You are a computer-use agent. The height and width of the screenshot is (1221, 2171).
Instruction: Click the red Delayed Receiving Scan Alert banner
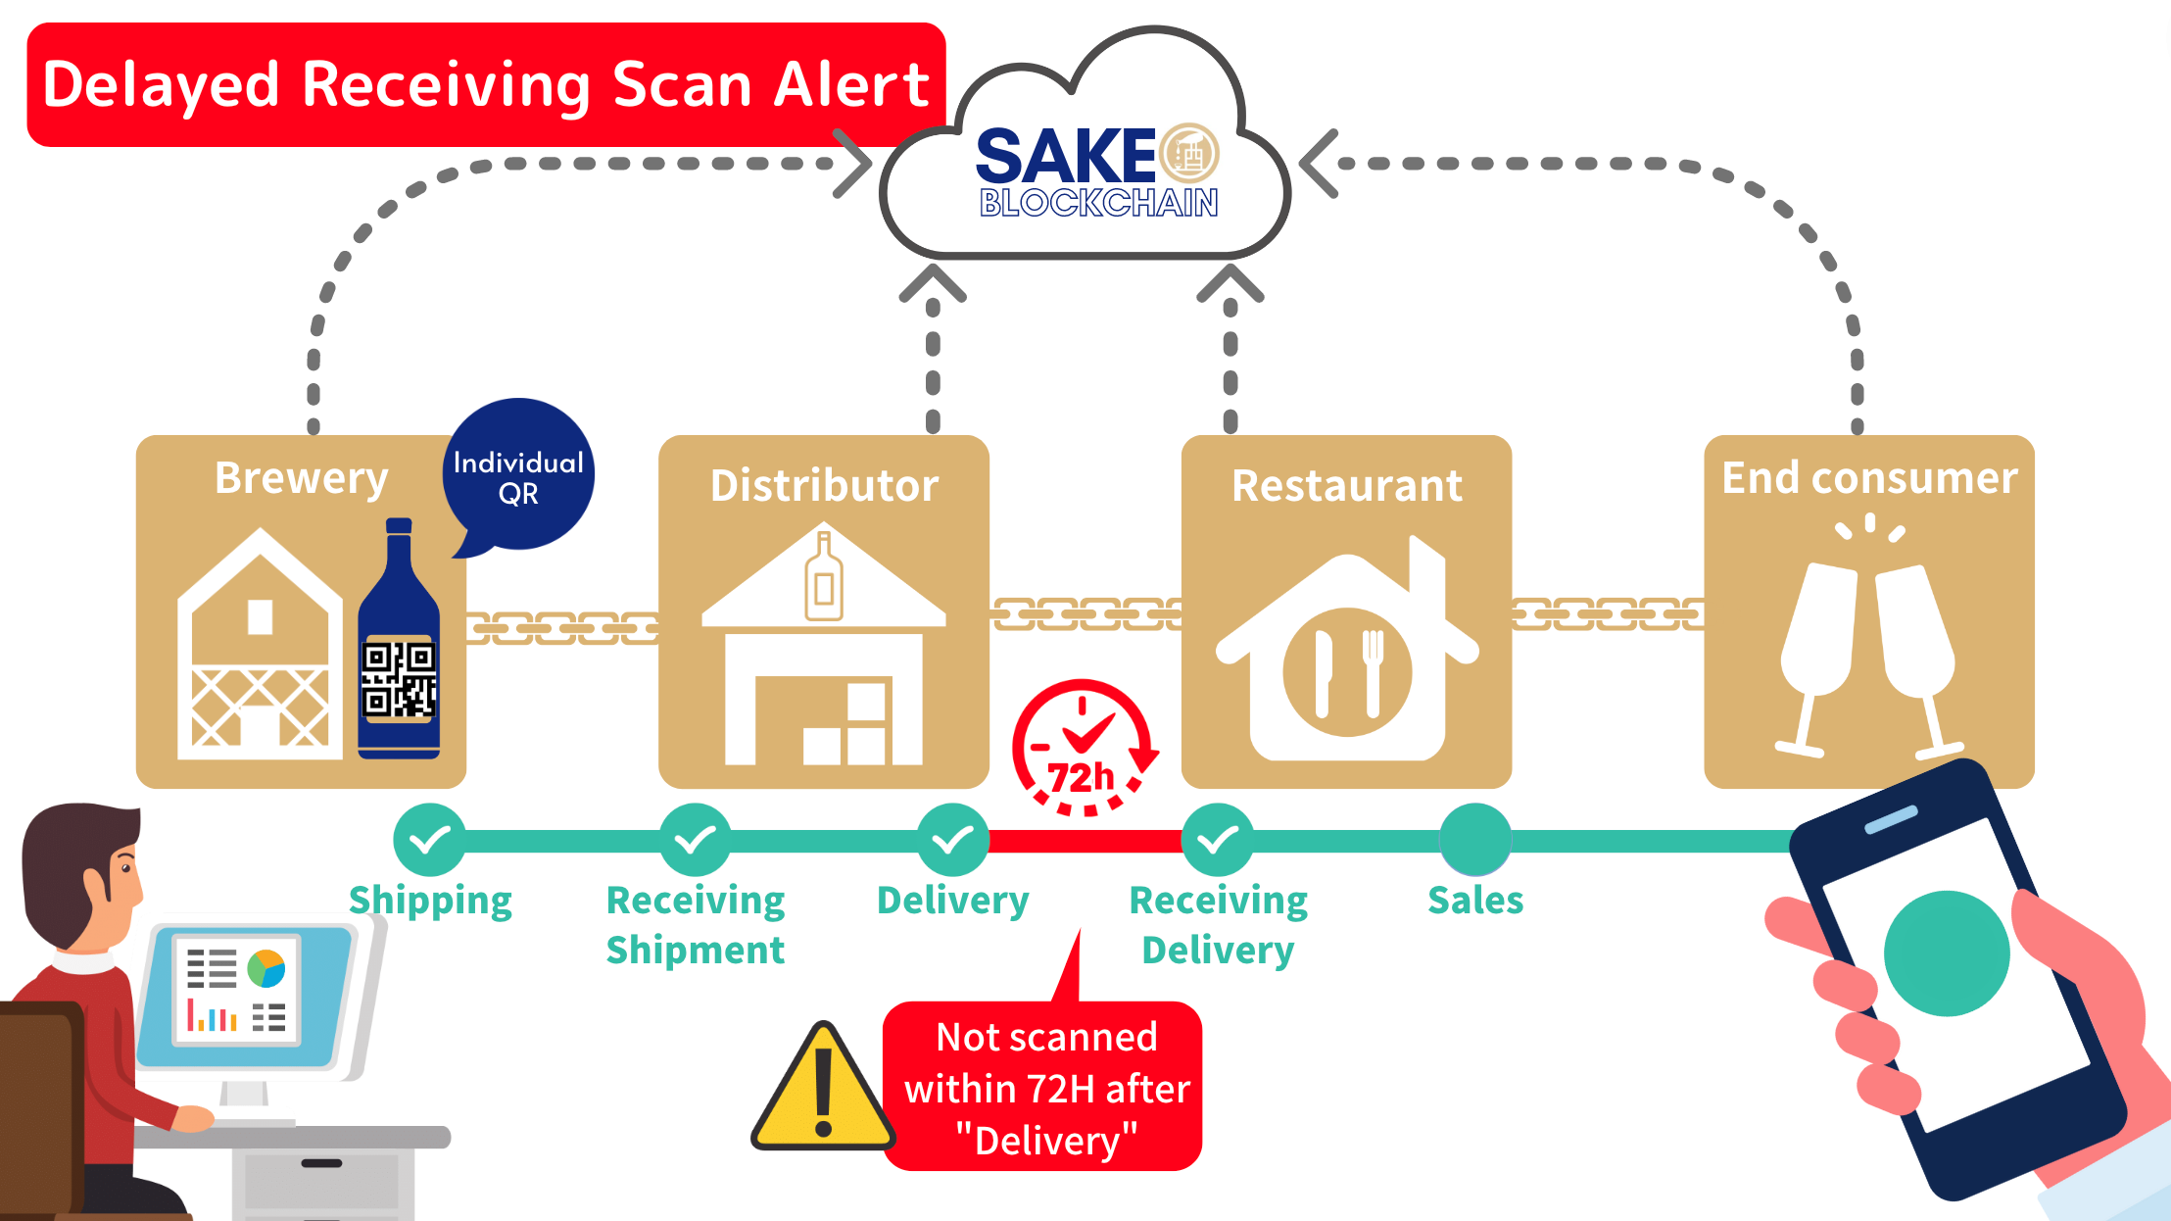coord(486,84)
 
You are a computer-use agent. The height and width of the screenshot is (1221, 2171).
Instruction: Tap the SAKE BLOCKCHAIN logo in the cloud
coord(1098,171)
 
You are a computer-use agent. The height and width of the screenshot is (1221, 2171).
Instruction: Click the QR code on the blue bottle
coord(399,678)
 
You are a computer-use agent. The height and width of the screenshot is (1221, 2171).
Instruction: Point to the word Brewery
coord(302,478)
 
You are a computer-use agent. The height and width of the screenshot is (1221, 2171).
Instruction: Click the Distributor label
coord(824,485)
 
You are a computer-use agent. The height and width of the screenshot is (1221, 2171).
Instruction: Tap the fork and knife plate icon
coord(1347,672)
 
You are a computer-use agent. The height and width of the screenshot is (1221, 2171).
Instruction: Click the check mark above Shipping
coord(429,840)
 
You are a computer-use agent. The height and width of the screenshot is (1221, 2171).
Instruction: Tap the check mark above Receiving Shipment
coord(695,840)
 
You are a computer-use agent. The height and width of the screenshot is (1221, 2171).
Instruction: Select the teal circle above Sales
coord(1475,840)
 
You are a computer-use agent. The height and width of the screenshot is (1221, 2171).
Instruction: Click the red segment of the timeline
coord(1085,841)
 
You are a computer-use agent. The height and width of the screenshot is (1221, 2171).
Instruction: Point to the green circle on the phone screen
coord(1947,953)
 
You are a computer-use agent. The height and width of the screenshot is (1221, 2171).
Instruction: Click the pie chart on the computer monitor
coord(266,968)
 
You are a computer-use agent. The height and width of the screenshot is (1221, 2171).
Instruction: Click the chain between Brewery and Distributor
coord(562,627)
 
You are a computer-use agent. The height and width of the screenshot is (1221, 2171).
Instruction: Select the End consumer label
coord(1869,478)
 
